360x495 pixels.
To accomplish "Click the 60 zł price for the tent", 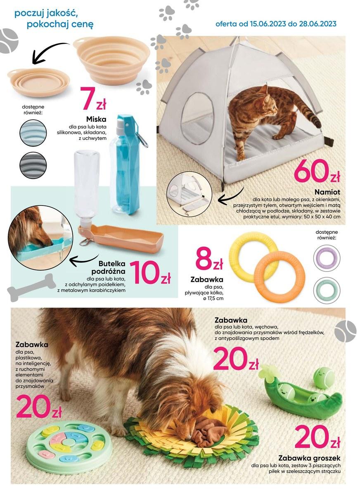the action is tap(317, 171).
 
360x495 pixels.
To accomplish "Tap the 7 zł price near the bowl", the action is tap(93, 98).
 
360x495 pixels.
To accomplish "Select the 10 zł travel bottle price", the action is tap(150, 273).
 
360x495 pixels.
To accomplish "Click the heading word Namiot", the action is tap(327, 192).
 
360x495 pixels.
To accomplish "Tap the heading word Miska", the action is tap(96, 119).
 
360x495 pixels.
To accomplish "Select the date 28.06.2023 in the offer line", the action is tap(317, 24).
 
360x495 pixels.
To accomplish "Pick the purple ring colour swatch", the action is tap(327, 258).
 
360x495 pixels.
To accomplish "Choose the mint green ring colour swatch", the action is tap(327, 290).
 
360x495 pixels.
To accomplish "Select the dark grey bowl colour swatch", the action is tap(33, 165).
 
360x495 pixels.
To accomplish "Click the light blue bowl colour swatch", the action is tap(33, 133).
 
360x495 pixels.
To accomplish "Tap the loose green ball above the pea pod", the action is tap(324, 378).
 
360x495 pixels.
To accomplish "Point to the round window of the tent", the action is tap(197, 118).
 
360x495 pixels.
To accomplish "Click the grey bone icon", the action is tap(31, 288).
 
